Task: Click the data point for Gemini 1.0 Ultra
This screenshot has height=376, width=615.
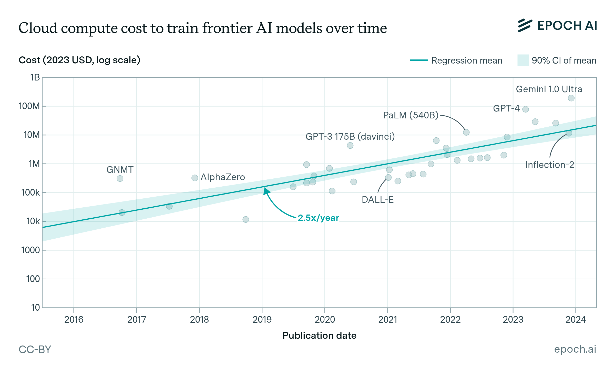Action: tap(571, 98)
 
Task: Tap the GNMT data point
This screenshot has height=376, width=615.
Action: tap(120, 179)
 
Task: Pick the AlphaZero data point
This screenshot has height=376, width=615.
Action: tap(195, 178)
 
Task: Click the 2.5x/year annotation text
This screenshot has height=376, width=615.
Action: tap(318, 218)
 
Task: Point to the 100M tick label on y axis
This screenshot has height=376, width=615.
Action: tap(29, 106)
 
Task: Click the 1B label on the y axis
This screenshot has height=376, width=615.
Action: tap(35, 77)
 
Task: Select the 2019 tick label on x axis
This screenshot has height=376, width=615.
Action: tap(262, 320)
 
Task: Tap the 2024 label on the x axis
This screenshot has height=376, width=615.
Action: tap(576, 320)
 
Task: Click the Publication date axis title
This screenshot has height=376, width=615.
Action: tap(319, 336)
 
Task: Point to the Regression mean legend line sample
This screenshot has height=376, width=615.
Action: tap(419, 60)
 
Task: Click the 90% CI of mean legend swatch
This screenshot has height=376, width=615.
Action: tap(523, 60)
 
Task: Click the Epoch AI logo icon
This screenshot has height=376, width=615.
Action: tap(525, 26)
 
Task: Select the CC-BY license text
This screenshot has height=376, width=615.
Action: tap(35, 350)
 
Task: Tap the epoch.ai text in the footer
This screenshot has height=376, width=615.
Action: tap(575, 349)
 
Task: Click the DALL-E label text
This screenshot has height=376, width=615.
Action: tap(377, 200)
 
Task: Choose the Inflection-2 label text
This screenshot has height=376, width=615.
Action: tap(549, 165)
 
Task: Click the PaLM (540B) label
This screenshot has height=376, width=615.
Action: tap(411, 115)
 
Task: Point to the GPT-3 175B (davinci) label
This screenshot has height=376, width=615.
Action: tap(350, 137)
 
